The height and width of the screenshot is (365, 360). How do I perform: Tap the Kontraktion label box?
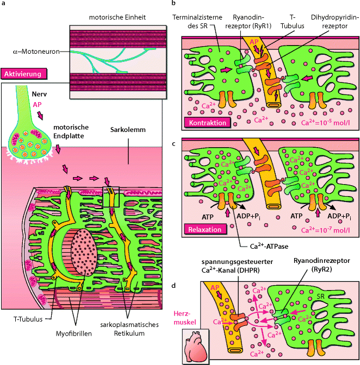[x=207, y=123]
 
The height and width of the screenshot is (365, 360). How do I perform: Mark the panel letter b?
[x=173, y=4]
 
